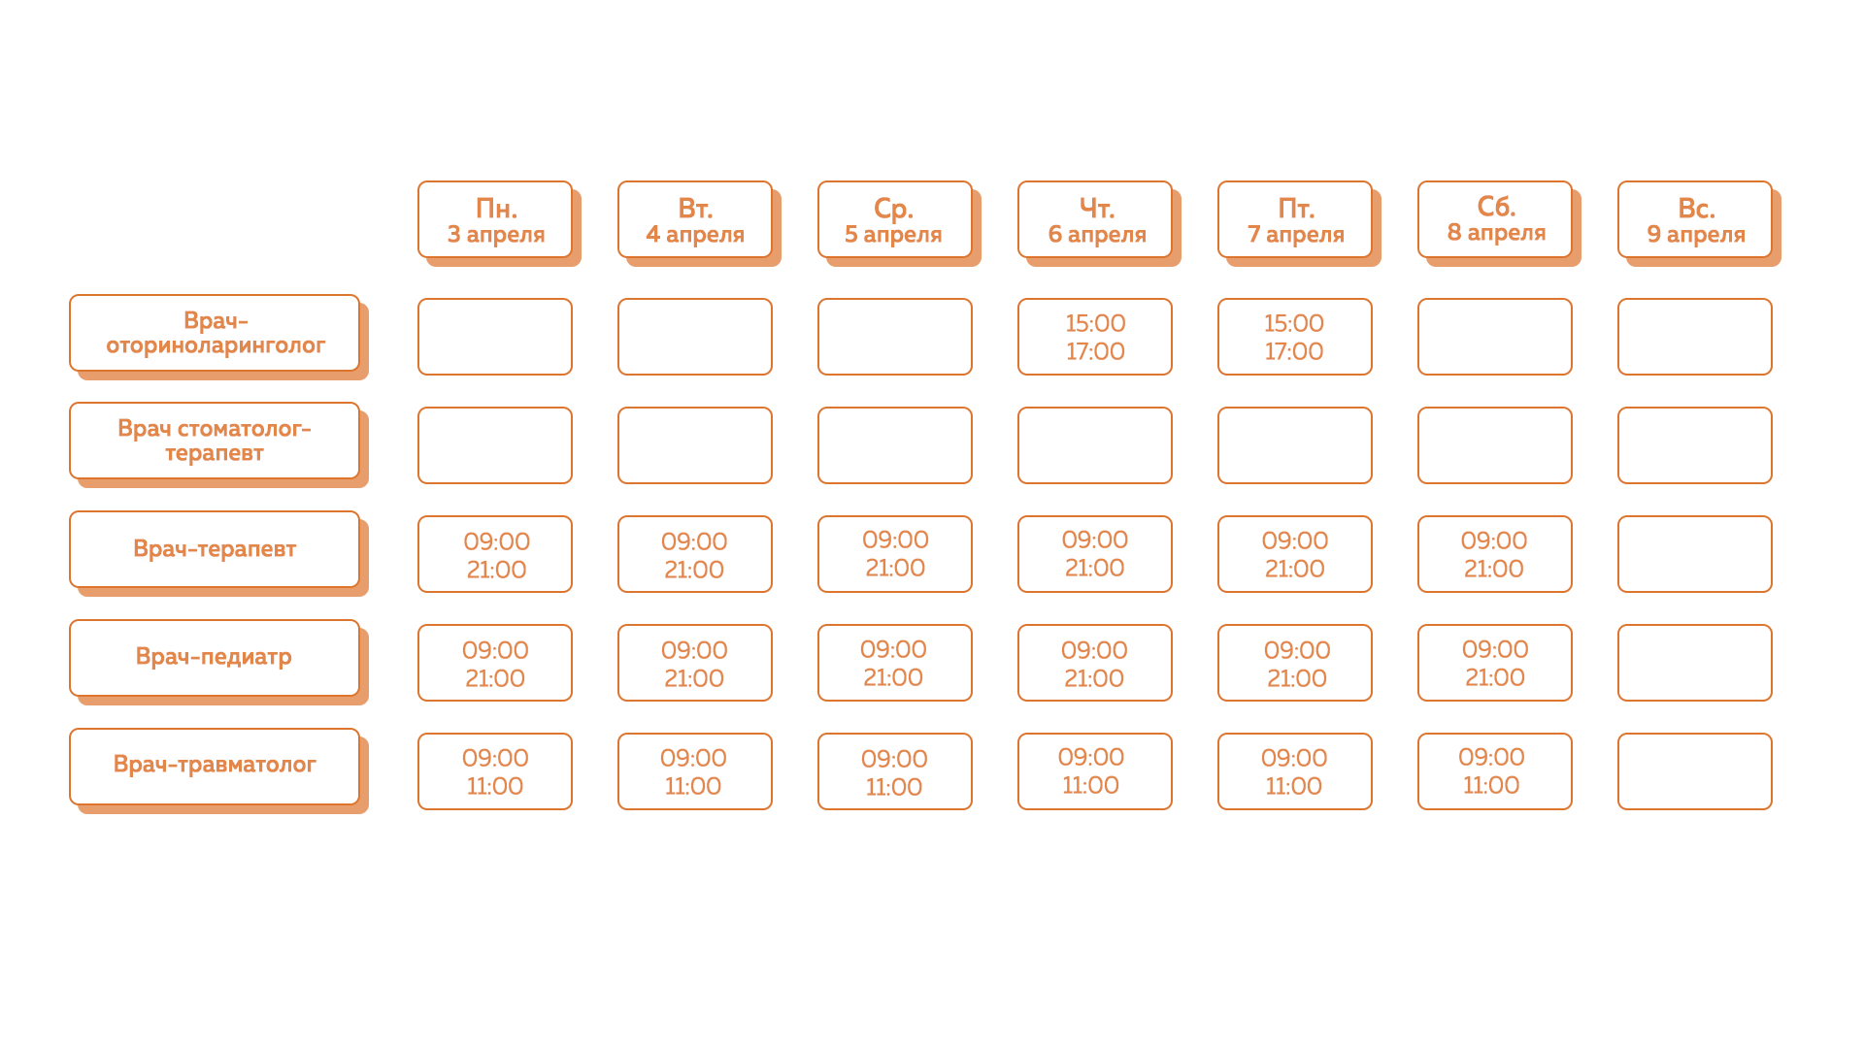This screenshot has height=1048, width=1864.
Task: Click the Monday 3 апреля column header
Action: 495,220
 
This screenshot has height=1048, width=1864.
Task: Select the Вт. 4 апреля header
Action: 695,220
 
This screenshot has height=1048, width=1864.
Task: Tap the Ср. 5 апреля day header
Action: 894,220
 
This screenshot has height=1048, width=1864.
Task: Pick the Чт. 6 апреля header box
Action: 1095,220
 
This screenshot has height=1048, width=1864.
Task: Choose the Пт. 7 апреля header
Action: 1295,220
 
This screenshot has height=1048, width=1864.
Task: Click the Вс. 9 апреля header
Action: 1695,220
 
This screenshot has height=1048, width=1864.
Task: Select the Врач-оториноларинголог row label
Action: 215,333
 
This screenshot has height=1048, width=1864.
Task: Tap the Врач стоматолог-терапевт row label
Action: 215,441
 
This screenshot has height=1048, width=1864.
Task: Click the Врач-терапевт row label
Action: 215,549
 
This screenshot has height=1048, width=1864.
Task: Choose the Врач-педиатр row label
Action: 215,658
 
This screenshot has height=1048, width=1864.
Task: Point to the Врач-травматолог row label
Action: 215,766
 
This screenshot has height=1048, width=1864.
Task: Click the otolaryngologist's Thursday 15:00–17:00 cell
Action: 1095,337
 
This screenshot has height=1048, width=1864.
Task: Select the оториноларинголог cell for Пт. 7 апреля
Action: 1295,337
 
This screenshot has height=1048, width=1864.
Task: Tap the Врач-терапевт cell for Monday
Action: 495,554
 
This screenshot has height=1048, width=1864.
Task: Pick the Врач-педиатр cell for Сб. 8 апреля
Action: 1495,663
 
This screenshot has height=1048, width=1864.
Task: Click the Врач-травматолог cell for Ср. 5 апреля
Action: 894,771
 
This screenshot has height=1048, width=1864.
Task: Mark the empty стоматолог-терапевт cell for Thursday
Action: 1095,445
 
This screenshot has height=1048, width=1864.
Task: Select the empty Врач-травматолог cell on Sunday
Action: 1695,771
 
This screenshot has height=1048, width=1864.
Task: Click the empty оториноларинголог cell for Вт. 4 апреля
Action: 695,337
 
